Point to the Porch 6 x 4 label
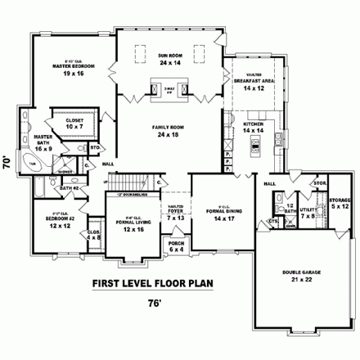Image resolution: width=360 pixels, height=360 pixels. (175, 246)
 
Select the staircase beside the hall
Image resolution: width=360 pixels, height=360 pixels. (126, 181)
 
